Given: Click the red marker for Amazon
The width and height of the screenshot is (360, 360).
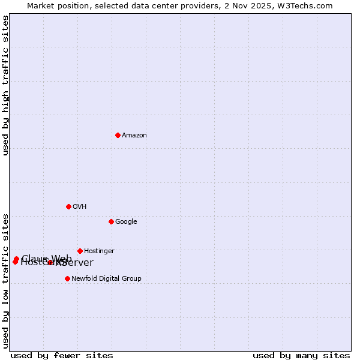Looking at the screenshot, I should (x=118, y=135).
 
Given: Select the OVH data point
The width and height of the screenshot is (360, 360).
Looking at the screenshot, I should (x=68, y=206).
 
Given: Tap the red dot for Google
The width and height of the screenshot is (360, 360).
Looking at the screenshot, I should (x=111, y=221).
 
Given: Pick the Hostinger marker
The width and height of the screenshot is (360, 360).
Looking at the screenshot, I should (x=80, y=251).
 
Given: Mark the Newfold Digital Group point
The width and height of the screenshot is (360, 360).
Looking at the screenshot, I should (x=67, y=278).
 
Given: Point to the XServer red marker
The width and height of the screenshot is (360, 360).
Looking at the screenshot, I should (x=50, y=262).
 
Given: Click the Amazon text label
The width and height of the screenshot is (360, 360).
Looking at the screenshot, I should (x=134, y=136).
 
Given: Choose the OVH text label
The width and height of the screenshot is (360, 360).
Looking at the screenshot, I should (x=80, y=207).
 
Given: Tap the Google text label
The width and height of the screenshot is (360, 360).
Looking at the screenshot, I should (x=126, y=222).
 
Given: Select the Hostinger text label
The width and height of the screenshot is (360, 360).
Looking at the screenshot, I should (x=99, y=251).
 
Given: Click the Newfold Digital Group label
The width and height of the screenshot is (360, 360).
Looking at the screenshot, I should (x=106, y=279).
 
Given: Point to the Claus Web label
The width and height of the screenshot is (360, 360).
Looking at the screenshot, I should (x=46, y=259).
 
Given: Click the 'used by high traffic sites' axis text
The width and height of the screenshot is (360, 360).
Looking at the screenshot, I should (x=5, y=86).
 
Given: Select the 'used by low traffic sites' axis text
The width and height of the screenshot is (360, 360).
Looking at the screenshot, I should (x=5, y=280).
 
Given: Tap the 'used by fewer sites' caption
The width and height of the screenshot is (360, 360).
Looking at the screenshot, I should (x=62, y=355).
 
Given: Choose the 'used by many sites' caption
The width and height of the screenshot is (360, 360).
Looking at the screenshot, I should (x=301, y=355).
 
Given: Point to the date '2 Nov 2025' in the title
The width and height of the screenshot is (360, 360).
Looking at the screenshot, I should (x=257, y=5).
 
